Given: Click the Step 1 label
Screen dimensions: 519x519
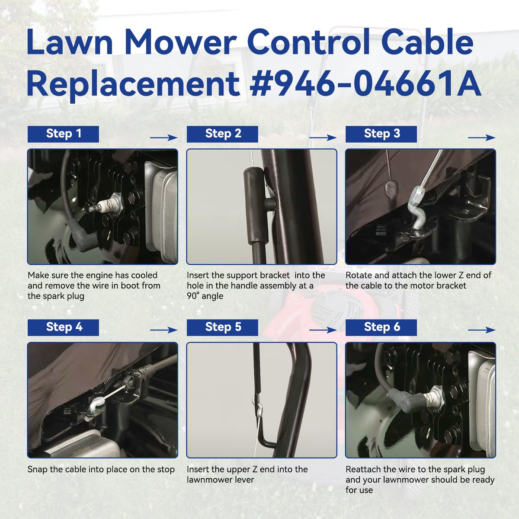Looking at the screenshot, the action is point(63,134).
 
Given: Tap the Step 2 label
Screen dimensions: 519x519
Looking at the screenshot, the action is point(222,134).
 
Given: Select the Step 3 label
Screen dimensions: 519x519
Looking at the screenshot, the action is point(381,134).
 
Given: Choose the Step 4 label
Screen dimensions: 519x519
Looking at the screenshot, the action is point(63,327).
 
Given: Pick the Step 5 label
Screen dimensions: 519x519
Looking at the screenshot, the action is point(222,327).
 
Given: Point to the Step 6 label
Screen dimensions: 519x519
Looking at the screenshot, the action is point(381,327).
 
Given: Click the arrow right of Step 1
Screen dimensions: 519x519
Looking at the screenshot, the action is point(164,138).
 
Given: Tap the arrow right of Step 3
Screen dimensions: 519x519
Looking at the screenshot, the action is point(482,138).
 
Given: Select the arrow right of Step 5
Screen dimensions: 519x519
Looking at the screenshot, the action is point(323,330).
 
